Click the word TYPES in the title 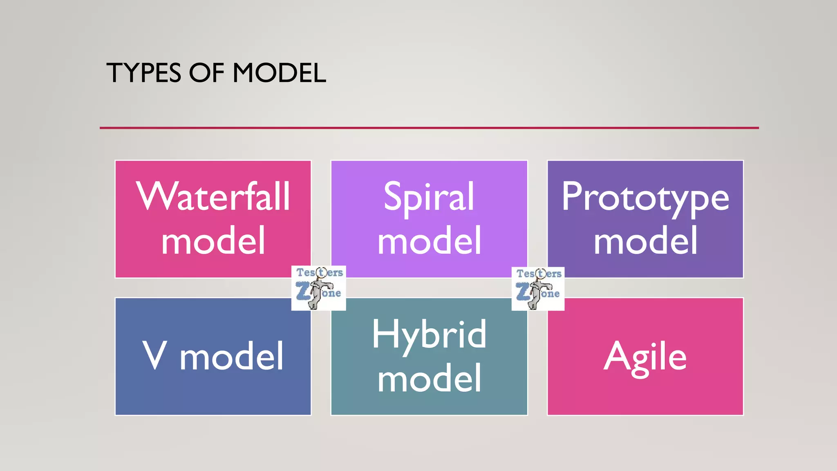pyautogui.click(x=143, y=74)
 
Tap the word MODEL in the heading pyautogui.click(x=279, y=74)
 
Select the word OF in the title pyautogui.click(x=206, y=74)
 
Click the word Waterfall pyautogui.click(x=213, y=197)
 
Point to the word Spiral pyautogui.click(x=429, y=197)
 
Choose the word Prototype pyautogui.click(x=645, y=197)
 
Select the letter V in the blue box pyautogui.click(x=155, y=355)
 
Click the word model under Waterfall pyautogui.click(x=213, y=241)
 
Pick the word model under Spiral pyautogui.click(x=429, y=241)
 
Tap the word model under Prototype pyautogui.click(x=645, y=241)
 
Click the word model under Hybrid pyautogui.click(x=429, y=379)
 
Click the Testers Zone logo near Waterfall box pyautogui.click(x=318, y=288)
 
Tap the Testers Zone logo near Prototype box pyautogui.click(x=538, y=289)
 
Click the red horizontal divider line pyautogui.click(x=429, y=128)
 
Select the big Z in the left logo pyautogui.click(x=303, y=292)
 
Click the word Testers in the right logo pyautogui.click(x=539, y=274)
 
